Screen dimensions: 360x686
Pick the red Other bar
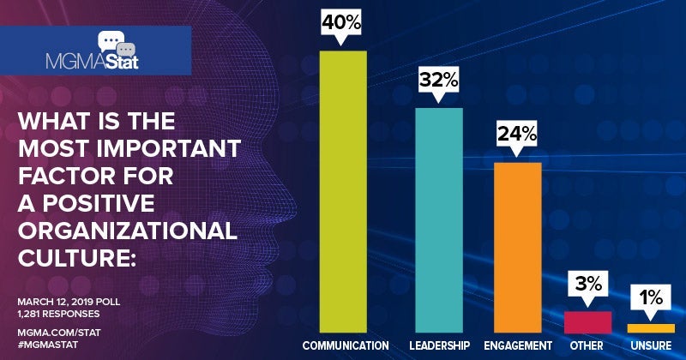coord(587,321)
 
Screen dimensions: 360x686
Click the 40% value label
coord(342,24)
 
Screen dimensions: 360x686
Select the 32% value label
coord(439,81)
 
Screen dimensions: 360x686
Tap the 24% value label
coord(518,134)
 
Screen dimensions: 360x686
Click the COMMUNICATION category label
coord(346,345)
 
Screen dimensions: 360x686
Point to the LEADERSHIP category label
coord(440,345)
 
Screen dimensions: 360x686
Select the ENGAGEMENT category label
coord(519,345)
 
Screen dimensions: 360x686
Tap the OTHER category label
coord(587,345)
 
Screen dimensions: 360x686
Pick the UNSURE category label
coord(651,345)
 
